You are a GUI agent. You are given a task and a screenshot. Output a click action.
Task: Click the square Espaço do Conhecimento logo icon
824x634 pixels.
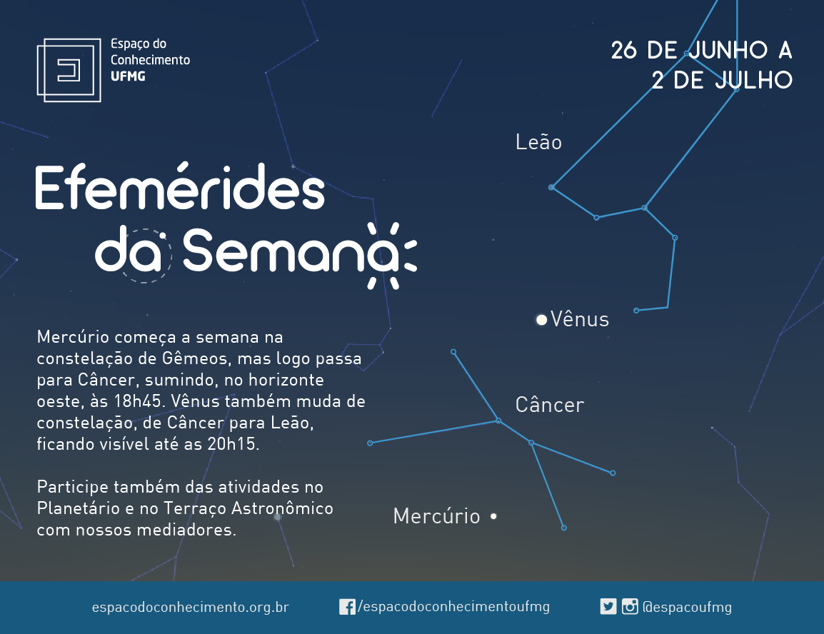pos(69,70)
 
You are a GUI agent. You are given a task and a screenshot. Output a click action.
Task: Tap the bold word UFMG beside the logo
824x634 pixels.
pos(128,76)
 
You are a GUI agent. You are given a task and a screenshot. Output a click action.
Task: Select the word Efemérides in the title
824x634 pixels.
pos(180,186)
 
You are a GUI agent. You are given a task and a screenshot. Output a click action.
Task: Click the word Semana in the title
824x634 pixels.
pos(288,251)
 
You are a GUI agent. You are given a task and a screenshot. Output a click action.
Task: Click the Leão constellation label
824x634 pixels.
pos(538,142)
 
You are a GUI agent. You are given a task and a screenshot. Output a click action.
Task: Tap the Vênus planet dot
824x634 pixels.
pos(541,319)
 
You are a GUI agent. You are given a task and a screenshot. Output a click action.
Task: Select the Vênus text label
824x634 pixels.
pos(580,319)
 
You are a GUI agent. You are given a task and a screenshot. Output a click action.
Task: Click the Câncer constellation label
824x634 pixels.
pos(550,404)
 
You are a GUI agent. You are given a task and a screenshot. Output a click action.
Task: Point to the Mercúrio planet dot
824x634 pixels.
pos(493,516)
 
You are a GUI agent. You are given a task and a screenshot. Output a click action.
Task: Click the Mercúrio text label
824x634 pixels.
pos(437,515)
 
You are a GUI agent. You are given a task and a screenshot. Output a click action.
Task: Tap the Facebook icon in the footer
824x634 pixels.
pos(347,607)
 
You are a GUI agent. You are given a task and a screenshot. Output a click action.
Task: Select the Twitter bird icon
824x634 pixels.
pos(608,607)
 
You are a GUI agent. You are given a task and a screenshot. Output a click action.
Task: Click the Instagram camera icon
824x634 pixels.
pos(630,607)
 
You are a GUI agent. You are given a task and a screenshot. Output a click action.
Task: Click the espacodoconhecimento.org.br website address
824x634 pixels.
pos(190,607)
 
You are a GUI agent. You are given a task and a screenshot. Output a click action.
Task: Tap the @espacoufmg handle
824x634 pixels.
pos(687,607)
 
